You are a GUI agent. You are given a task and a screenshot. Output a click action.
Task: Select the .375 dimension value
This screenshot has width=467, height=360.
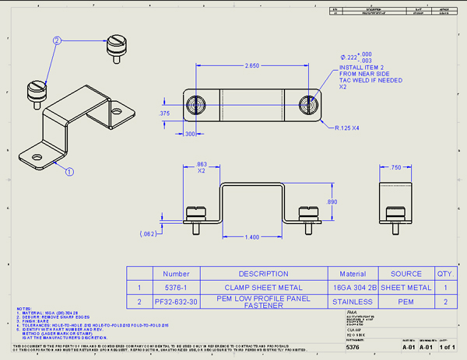[164, 114]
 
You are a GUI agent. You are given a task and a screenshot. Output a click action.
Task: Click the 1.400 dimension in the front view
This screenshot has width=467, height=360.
[252, 236]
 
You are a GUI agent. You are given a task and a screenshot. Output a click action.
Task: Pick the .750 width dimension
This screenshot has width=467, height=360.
[396, 168]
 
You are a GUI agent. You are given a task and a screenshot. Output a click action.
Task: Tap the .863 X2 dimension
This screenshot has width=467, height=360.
[201, 169]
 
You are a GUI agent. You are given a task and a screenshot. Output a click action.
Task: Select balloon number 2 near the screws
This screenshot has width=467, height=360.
[57, 40]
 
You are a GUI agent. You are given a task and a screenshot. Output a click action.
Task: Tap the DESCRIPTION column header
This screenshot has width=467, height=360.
[263, 274]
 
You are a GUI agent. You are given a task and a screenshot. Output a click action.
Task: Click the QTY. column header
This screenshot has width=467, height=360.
[444, 274]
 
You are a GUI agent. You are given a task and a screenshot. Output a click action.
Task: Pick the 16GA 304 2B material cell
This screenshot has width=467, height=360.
[348, 287]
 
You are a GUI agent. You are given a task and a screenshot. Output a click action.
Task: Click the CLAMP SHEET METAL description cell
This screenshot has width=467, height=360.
[263, 287]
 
